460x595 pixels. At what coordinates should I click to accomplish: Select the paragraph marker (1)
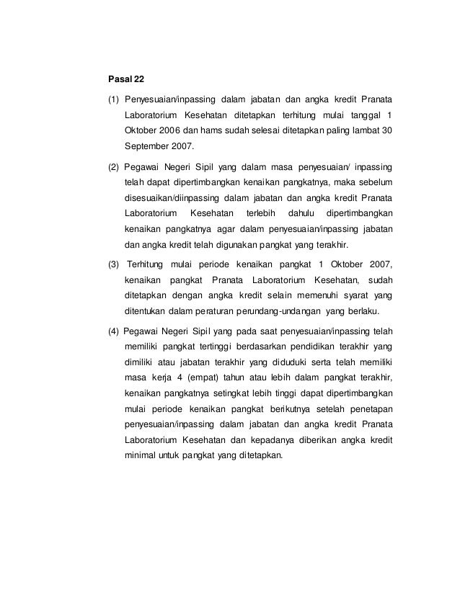113,98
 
